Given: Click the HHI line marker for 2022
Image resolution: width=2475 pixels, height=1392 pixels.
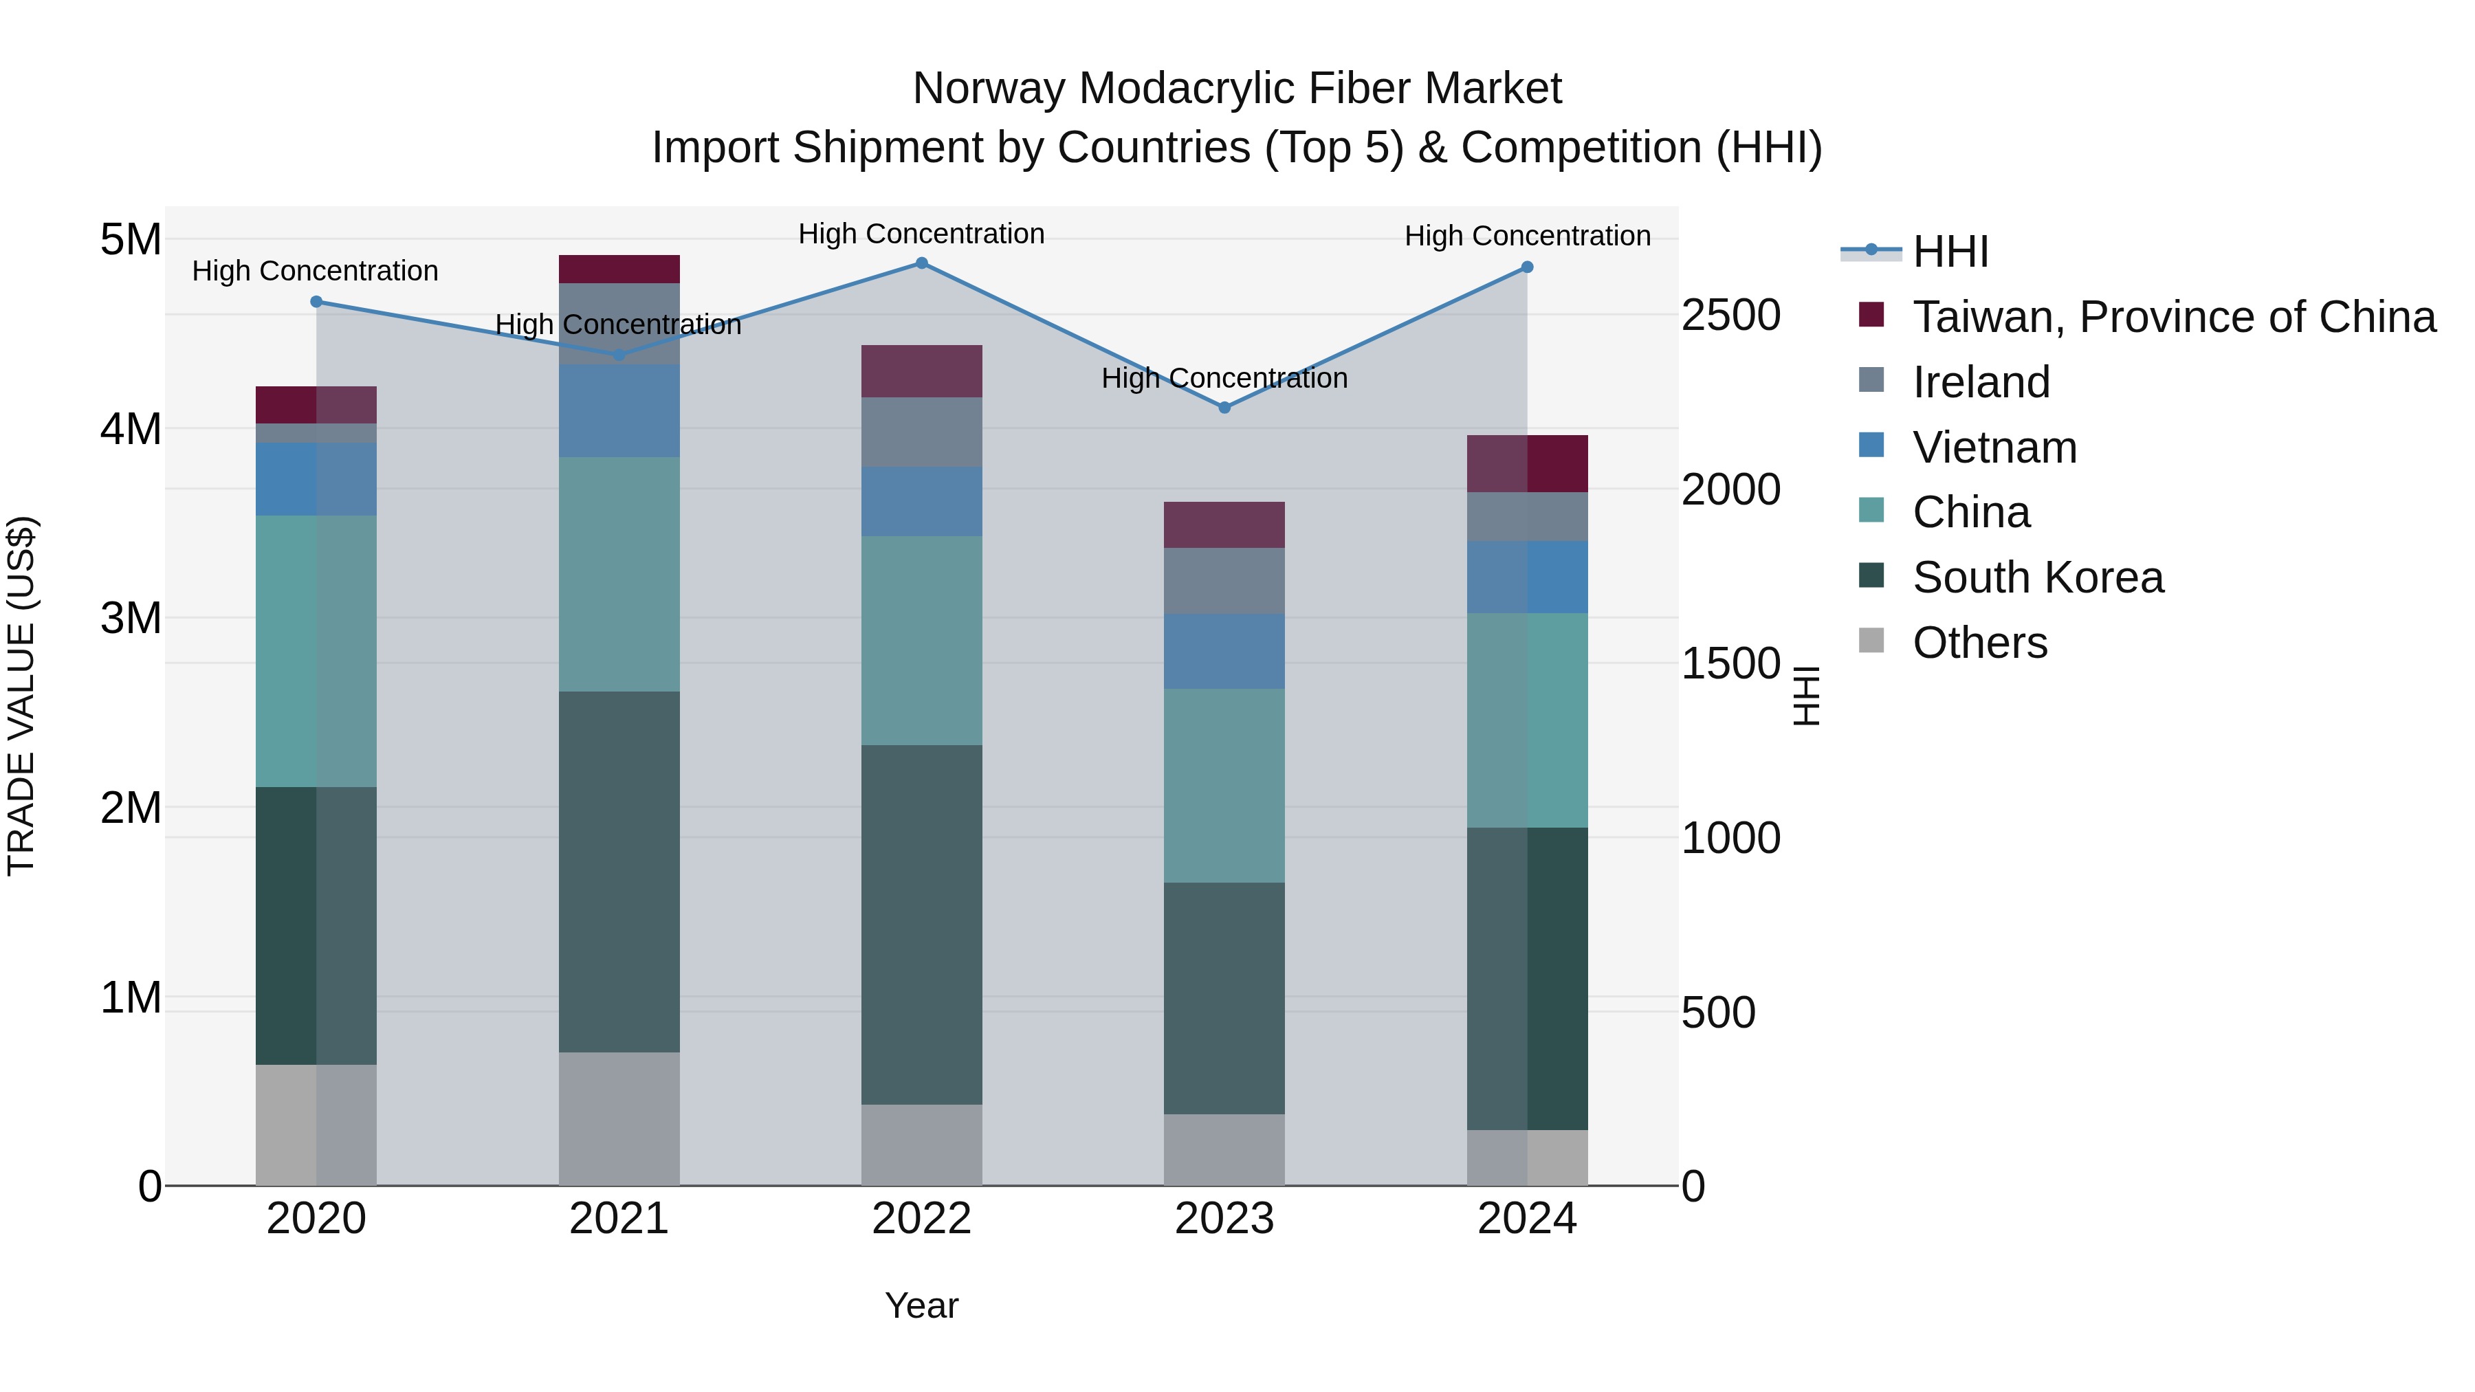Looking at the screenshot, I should coord(921,263).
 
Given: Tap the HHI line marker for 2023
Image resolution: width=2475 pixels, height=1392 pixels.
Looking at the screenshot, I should coord(1224,408).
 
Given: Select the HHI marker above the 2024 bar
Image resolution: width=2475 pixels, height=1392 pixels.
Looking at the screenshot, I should coord(1527,267).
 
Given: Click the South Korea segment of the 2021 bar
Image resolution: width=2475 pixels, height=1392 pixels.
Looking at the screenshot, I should coord(619,872).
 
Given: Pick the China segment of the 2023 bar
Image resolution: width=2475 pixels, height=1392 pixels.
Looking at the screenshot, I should coord(1224,785).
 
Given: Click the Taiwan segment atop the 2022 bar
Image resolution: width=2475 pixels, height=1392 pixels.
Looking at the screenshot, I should coord(921,371).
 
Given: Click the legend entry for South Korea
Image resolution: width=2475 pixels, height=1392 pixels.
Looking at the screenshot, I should coord(2037,577).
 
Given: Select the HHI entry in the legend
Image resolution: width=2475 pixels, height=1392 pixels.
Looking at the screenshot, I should coord(1950,252).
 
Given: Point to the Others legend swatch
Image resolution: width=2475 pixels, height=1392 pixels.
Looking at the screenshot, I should coord(1871,641).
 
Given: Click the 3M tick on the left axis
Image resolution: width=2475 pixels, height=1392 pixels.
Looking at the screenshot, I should coord(131,618).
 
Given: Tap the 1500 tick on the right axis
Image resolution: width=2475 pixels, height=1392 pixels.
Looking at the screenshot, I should coord(1730,664).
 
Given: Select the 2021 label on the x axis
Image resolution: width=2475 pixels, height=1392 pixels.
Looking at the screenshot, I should coord(619,1219).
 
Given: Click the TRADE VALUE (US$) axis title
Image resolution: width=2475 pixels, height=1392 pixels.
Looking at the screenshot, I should coord(21,696).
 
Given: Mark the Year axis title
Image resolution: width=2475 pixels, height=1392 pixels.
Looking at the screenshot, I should coord(921,1305).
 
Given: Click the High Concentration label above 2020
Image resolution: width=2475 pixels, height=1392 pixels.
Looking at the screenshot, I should coord(315,271).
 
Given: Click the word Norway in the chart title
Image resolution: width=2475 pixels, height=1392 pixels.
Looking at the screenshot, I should coord(989,89).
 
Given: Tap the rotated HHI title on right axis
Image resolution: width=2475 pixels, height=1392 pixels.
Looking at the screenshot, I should coord(1806,696).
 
